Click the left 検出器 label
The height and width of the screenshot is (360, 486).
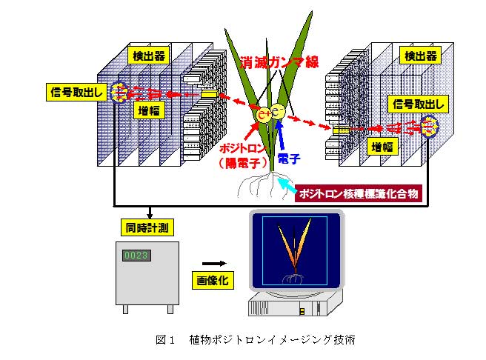point(148,56)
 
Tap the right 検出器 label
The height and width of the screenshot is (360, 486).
point(420,56)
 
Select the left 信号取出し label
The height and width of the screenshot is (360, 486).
point(76,92)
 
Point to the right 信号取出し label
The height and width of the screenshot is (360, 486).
point(418,104)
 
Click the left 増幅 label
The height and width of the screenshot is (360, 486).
point(149,110)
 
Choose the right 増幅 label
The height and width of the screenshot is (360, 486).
point(382,147)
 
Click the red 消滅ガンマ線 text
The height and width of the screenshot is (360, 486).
point(279,62)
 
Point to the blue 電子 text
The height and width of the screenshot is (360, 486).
point(289,159)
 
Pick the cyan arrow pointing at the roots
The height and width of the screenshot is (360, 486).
point(286,185)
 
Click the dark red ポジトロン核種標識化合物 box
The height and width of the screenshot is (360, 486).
point(359,193)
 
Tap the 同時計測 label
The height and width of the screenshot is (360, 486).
point(147,227)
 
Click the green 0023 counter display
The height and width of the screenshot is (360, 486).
point(136,256)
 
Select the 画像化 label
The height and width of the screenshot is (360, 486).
point(213,281)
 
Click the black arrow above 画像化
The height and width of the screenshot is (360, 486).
point(215,264)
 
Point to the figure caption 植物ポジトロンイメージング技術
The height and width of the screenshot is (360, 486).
point(272,340)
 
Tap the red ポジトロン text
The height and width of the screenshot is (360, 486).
point(243,148)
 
